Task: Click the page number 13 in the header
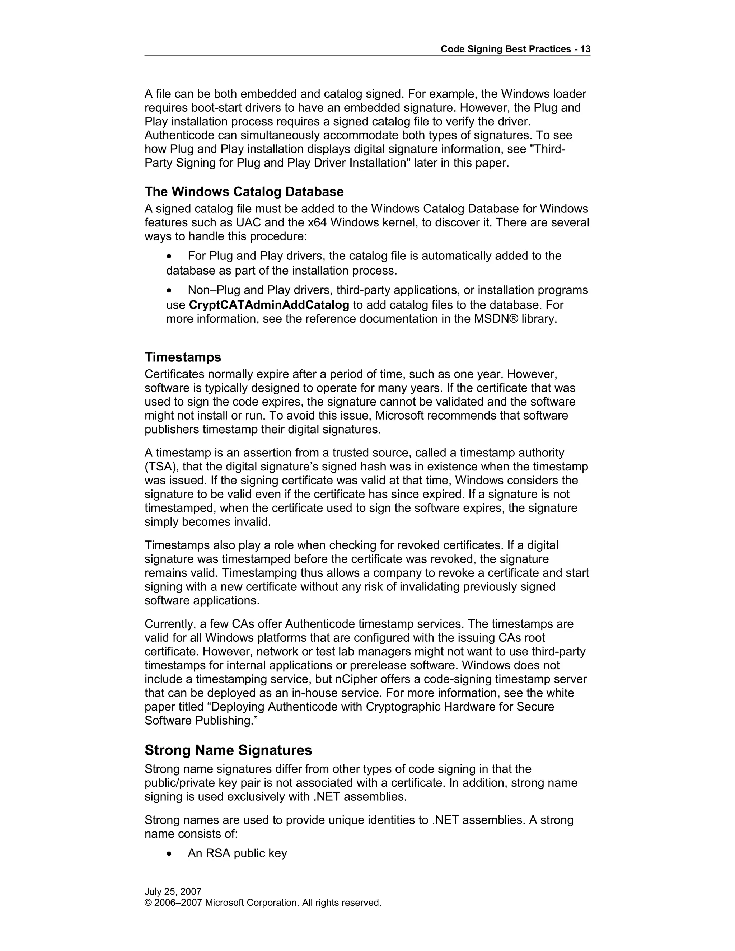(585, 49)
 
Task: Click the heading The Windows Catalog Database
(244, 192)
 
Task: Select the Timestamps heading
(183, 357)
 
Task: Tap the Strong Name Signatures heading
(228, 750)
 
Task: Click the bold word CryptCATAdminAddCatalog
(269, 305)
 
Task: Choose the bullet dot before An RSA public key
(170, 853)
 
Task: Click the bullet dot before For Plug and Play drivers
(170, 256)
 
